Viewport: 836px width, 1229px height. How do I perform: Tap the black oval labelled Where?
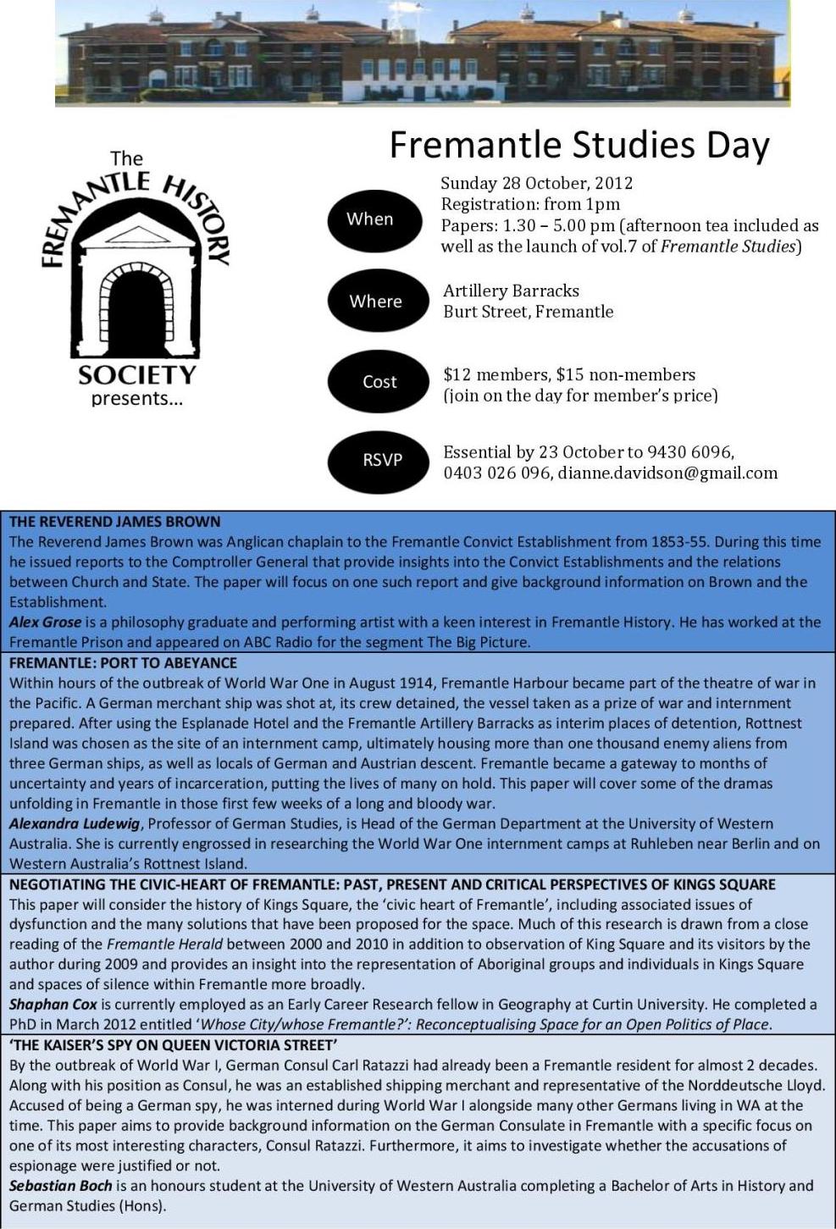376,302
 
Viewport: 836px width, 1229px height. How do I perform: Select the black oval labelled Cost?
379,382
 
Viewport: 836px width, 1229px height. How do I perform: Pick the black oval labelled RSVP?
382,460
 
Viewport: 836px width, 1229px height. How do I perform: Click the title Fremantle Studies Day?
579,145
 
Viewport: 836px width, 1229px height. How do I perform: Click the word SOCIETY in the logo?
136,374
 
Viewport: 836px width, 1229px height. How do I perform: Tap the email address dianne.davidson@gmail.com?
667,473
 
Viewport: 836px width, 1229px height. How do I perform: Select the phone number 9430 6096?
691,452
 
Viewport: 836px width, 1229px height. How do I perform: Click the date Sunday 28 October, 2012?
536,183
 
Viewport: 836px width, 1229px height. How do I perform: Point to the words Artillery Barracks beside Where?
511,291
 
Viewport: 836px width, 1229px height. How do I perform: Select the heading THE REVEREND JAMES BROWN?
114,522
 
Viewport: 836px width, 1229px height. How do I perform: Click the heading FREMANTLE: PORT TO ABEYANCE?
123,662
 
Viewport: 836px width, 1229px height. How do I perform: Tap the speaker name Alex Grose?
46,622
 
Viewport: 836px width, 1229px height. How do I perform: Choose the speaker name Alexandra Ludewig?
75,823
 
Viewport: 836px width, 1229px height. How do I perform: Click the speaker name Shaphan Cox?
53,1005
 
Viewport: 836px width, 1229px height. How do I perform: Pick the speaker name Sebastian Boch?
60,1186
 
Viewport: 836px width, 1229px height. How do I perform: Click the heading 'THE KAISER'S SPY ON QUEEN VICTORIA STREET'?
173,1045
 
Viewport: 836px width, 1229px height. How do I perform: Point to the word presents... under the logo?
136,399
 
